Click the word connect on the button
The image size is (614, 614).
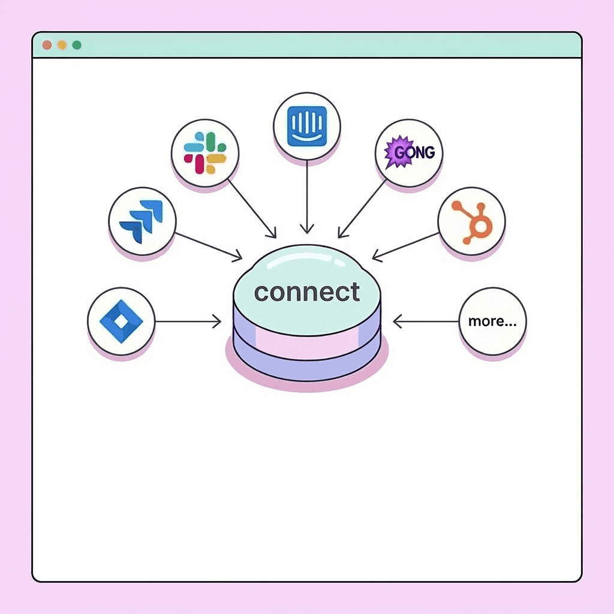click(306, 292)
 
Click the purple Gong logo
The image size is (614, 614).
click(408, 152)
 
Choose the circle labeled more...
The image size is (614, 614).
click(492, 321)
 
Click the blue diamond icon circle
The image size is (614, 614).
click(121, 321)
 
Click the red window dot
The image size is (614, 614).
click(47, 45)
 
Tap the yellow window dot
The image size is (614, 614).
click(61, 45)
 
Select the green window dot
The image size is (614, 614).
click(76, 45)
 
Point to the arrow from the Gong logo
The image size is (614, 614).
click(363, 207)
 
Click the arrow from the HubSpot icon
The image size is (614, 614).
click(405, 246)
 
